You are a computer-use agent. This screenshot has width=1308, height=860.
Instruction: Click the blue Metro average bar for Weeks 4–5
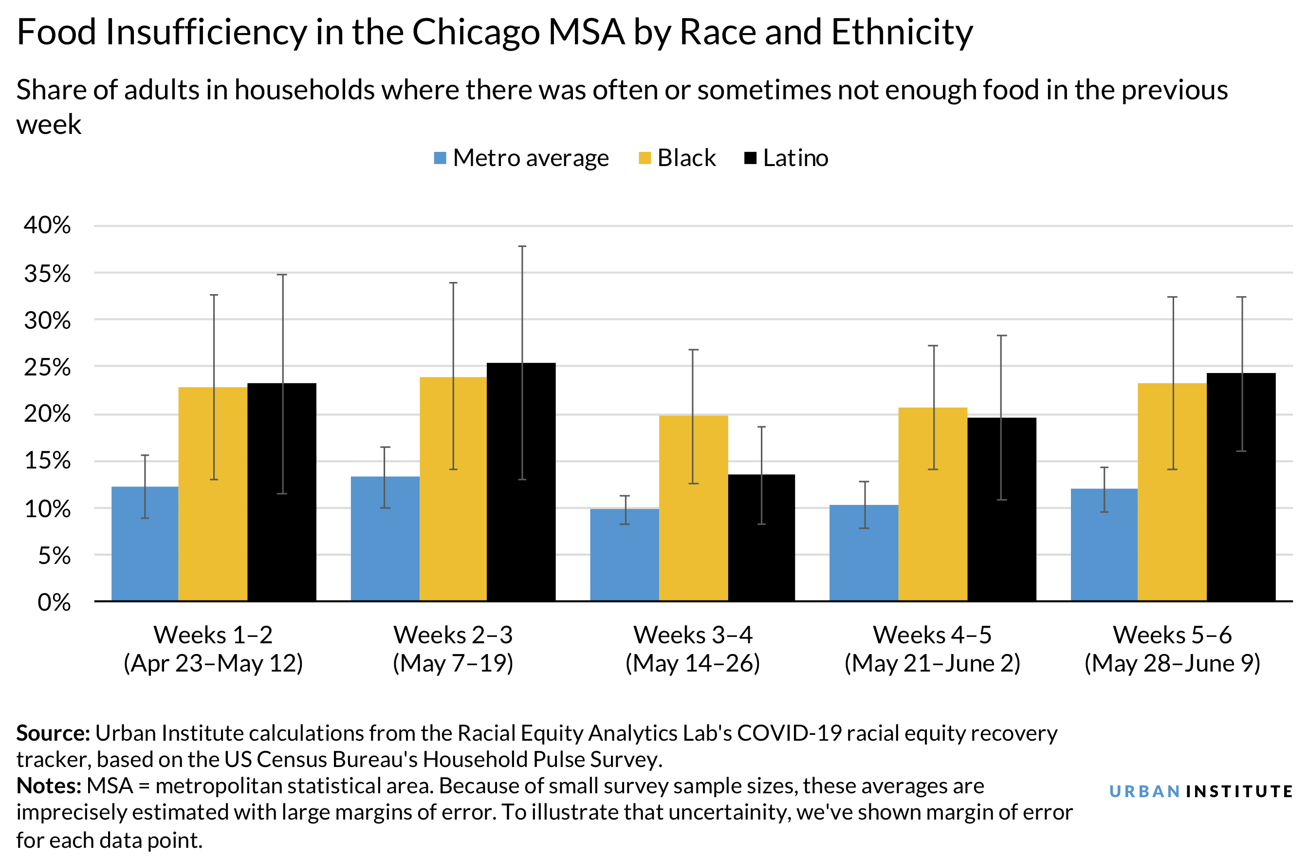[x=864, y=552]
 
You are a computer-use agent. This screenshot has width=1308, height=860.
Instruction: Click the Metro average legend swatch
[x=440, y=158]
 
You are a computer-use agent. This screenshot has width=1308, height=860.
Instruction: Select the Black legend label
[x=686, y=158]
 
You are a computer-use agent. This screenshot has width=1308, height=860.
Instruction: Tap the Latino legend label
[x=795, y=158]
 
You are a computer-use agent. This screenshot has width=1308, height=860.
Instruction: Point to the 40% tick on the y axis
[x=47, y=225]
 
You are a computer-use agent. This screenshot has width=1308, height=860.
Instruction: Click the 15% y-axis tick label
[x=47, y=461]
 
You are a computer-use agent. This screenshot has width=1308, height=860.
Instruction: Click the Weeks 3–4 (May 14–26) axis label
[x=693, y=649]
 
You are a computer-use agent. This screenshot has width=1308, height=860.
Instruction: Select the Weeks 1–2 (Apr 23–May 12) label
[x=213, y=649]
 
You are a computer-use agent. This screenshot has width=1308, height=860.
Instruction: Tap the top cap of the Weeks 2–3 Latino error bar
[x=522, y=246]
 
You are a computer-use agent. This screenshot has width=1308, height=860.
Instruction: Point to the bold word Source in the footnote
[x=53, y=733]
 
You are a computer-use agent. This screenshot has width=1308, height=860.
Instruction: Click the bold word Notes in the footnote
[x=48, y=786]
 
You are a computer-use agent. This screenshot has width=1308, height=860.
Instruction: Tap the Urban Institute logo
[x=1200, y=791]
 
